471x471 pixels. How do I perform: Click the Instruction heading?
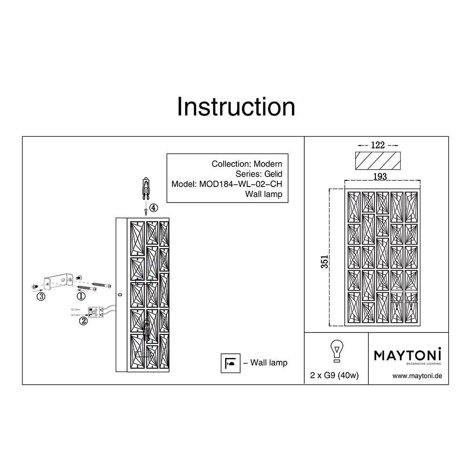point(236,106)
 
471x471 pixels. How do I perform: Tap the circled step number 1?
point(81,296)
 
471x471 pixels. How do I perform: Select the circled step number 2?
point(83,321)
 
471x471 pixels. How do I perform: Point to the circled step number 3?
point(41,296)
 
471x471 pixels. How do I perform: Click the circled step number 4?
point(154,208)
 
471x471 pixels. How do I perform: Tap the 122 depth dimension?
point(378,145)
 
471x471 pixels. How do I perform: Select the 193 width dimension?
point(380,176)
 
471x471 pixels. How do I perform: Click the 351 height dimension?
point(325,261)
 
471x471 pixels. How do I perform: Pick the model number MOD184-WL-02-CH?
point(241,184)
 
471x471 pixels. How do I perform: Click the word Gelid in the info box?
point(273,174)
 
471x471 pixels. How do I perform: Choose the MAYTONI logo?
point(407,356)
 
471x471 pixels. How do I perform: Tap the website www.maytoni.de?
point(417,376)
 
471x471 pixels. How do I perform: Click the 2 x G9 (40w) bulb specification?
point(334,375)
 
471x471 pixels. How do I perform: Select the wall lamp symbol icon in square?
point(230,363)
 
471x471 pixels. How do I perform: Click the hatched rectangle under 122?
point(378,161)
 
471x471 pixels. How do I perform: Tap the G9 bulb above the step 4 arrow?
point(146,188)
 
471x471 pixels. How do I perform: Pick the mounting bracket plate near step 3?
point(58,282)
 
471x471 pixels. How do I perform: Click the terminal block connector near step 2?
point(95,312)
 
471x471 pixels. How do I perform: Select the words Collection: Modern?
point(247,164)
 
